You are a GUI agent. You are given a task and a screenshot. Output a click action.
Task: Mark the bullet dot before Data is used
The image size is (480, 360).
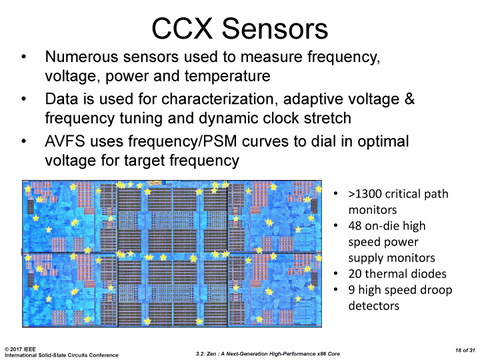click(23, 100)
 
